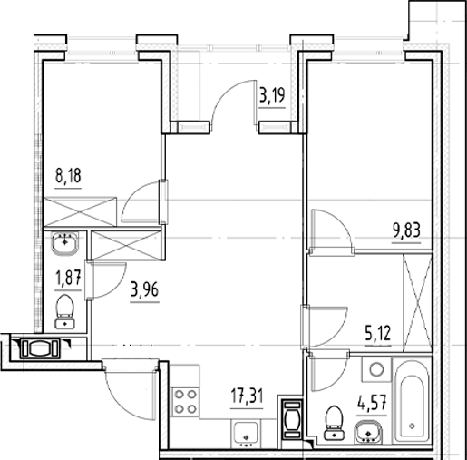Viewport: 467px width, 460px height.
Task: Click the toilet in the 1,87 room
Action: (64, 308)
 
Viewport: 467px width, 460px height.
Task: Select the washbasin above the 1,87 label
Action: (63, 242)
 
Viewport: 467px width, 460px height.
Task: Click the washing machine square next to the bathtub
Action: (374, 370)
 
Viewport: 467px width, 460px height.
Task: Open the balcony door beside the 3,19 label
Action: (229, 100)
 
